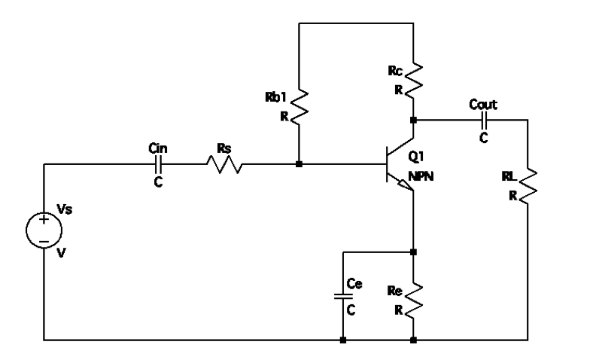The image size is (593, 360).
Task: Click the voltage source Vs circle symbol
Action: click(x=44, y=230)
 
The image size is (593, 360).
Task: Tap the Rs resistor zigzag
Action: click(x=224, y=164)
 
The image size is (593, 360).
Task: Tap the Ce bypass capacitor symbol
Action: click(x=342, y=295)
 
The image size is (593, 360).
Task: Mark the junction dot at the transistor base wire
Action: click(x=300, y=164)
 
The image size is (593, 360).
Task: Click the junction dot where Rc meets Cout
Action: click(x=413, y=120)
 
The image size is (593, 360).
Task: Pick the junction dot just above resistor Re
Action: click(x=413, y=252)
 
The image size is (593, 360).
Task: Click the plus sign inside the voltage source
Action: click(x=44, y=221)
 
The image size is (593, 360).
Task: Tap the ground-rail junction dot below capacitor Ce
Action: click(x=342, y=340)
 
